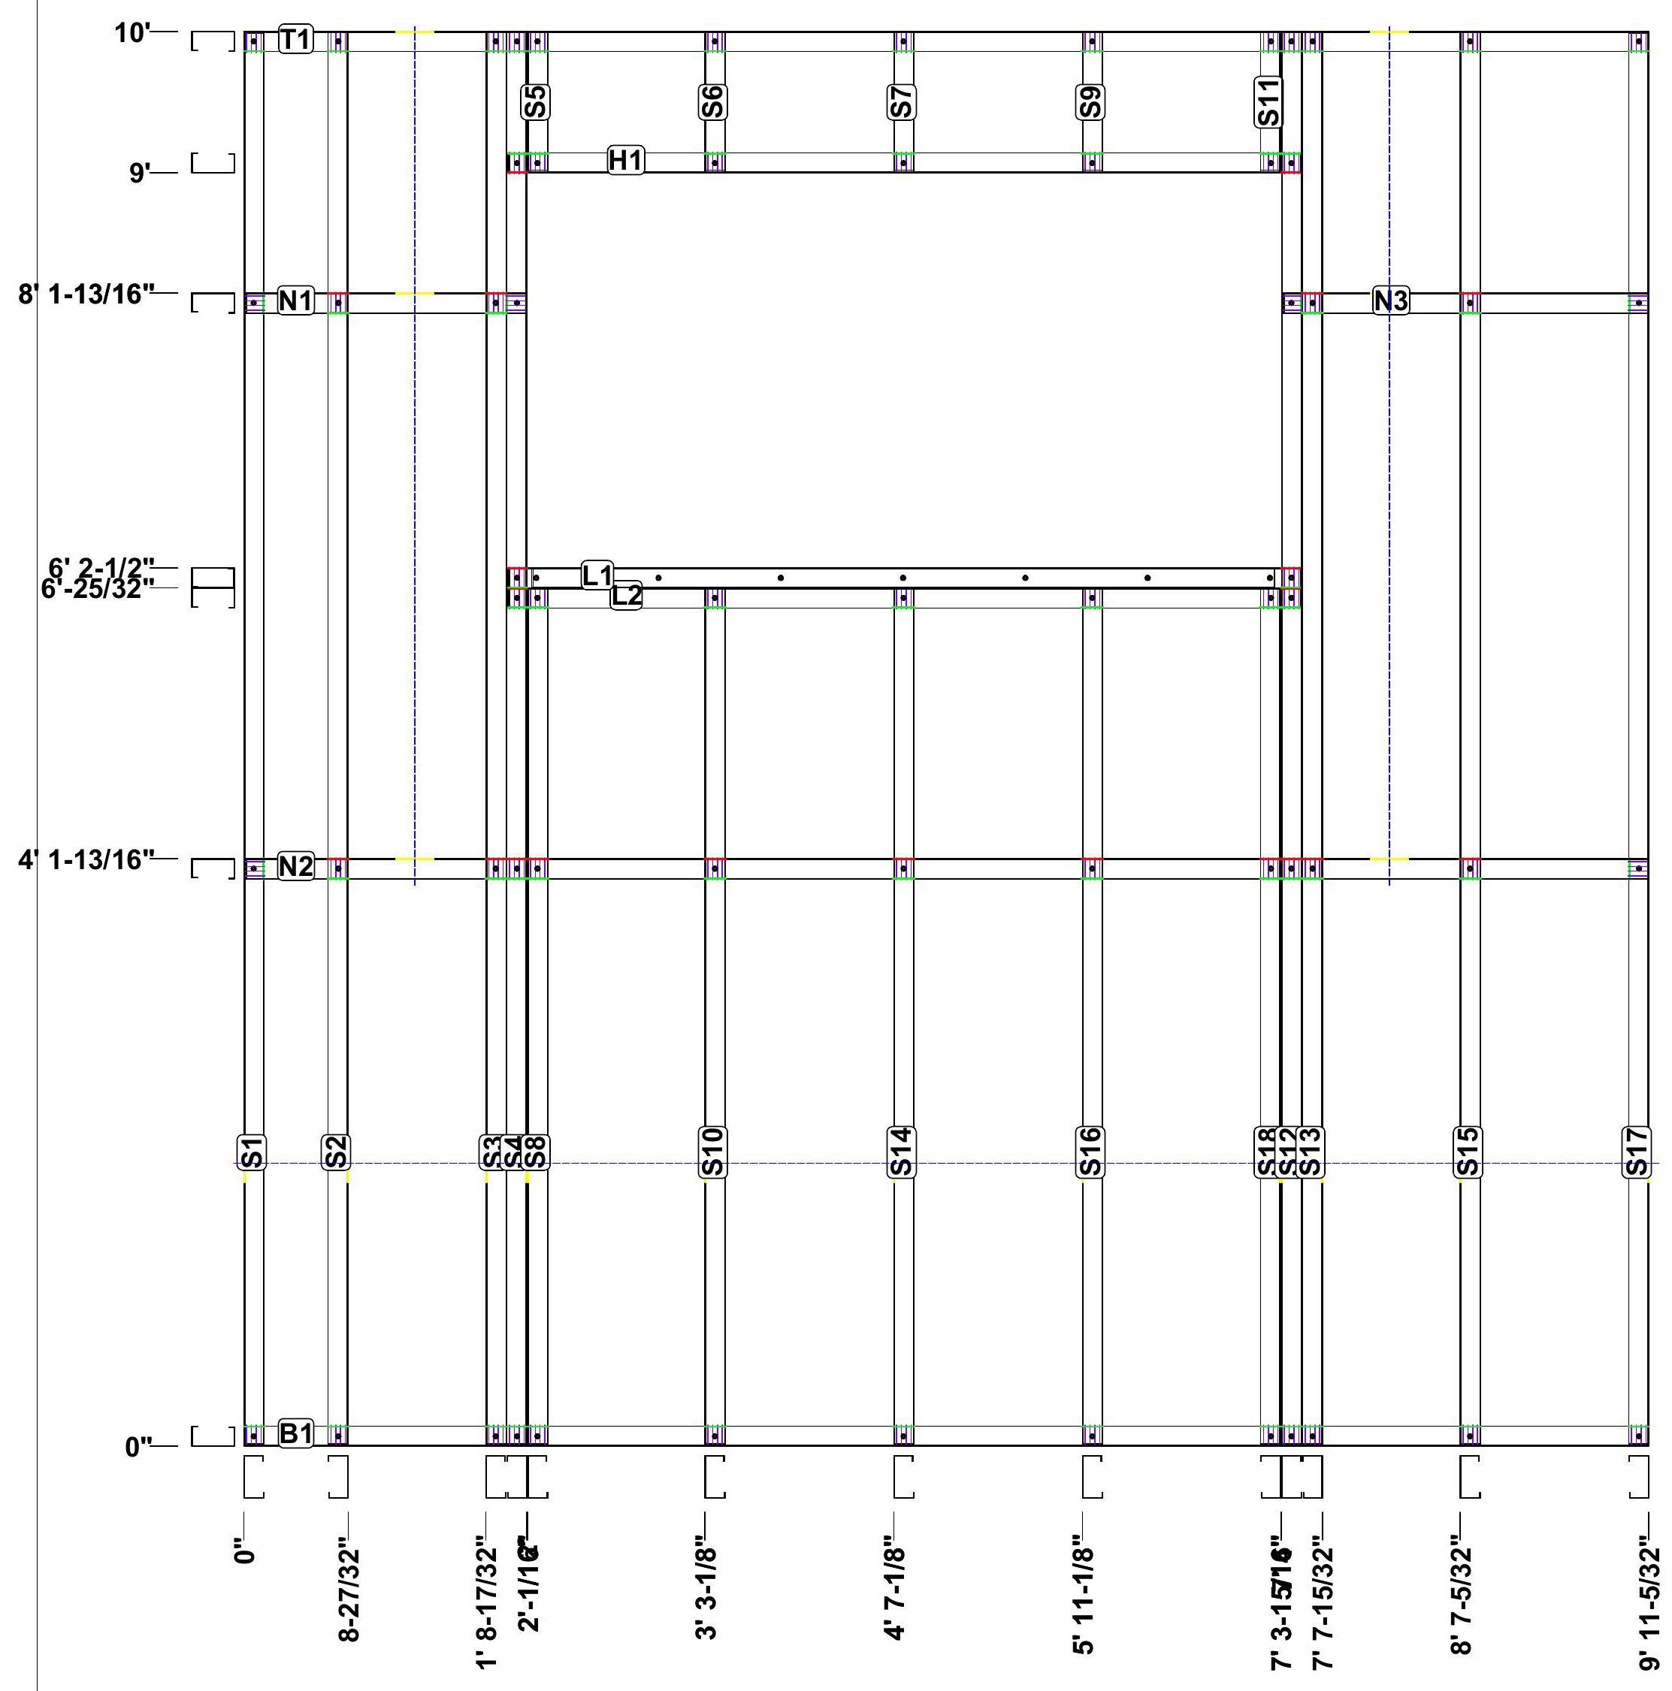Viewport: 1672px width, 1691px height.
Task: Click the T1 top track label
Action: pyautogui.click(x=295, y=39)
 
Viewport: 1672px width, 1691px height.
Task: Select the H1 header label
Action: pyautogui.click(x=625, y=160)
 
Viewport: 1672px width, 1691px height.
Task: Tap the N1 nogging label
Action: pyautogui.click(x=295, y=301)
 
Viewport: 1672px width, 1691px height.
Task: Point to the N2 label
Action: pyautogui.click(x=295, y=866)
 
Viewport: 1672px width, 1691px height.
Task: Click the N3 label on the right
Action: pyautogui.click(x=1390, y=301)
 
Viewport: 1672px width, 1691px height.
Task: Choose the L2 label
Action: pyautogui.click(x=626, y=596)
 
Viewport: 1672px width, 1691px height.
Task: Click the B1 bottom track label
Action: pyautogui.click(x=295, y=1433)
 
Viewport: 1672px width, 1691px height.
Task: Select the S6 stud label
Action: pyautogui.click(x=712, y=102)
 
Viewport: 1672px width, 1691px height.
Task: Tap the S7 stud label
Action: pyautogui.click(x=901, y=102)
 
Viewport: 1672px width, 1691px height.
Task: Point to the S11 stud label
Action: pyautogui.click(x=1268, y=102)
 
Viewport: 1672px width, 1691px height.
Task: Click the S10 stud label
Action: pyautogui.click(x=712, y=1152)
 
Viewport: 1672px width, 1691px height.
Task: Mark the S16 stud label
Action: pyautogui.click(x=1090, y=1152)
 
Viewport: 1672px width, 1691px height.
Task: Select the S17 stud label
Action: pyautogui.click(x=1637, y=1152)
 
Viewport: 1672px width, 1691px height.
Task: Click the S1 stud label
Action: pyautogui.click(x=252, y=1152)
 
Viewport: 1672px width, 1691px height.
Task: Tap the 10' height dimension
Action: pyautogui.click(x=132, y=33)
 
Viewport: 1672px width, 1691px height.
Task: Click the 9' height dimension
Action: pyautogui.click(x=140, y=173)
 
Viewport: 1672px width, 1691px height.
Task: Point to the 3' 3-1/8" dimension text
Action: pyautogui.click(x=707, y=1593)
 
